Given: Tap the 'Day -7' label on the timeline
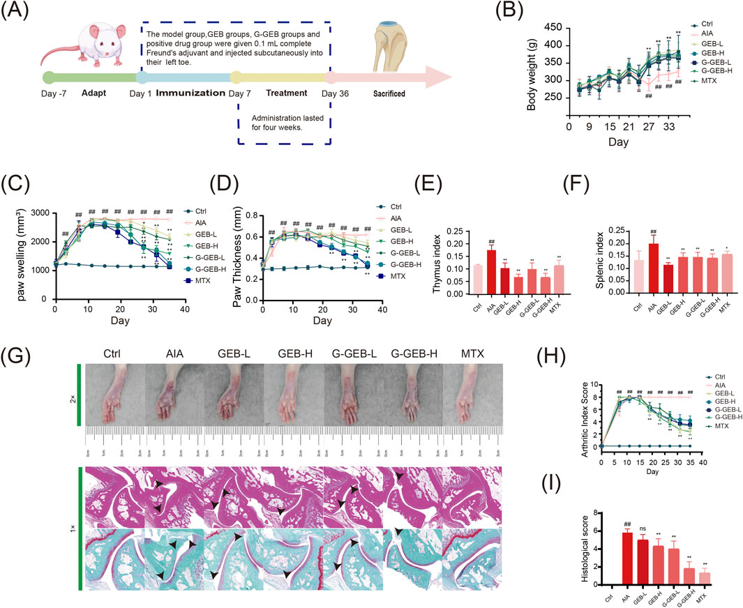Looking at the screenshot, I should click(54, 93).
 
